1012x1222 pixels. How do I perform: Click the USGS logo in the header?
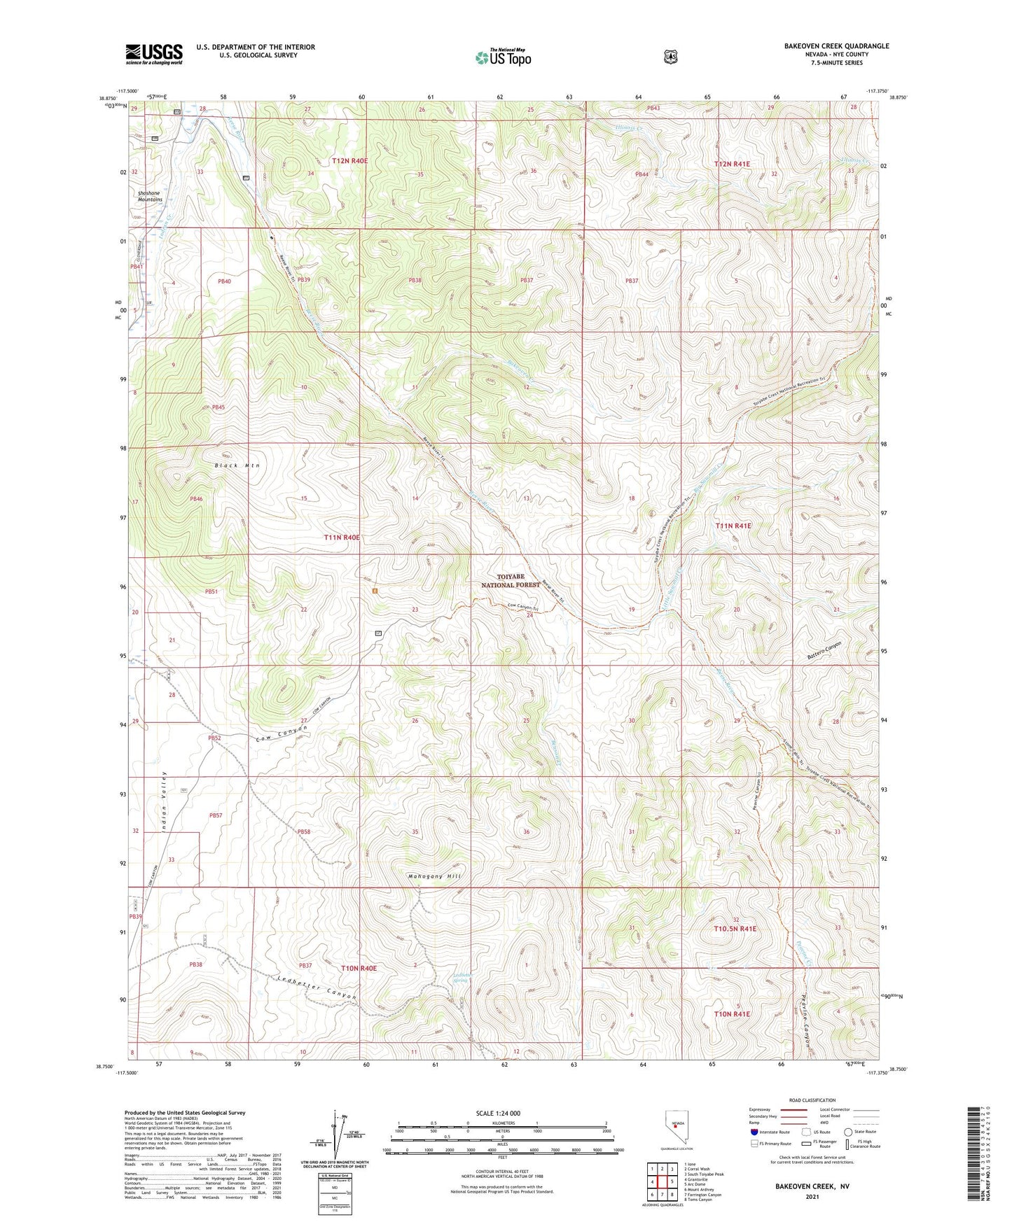pyautogui.click(x=154, y=54)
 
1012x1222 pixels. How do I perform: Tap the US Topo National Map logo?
pyautogui.click(x=503, y=57)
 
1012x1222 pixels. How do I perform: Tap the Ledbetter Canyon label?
pyautogui.click(x=317, y=987)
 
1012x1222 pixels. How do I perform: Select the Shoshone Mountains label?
pyautogui.click(x=150, y=196)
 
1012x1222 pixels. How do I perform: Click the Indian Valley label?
pyautogui.click(x=165, y=802)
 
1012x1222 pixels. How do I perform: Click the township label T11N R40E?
pyautogui.click(x=342, y=537)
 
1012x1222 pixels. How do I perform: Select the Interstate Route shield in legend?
pyautogui.click(x=754, y=1132)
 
